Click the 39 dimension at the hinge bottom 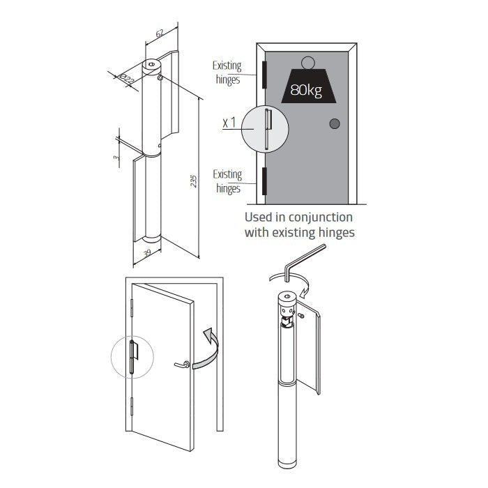pos(146,254)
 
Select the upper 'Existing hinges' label pos(227,73)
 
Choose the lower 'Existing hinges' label pos(227,181)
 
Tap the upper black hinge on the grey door pos(264,74)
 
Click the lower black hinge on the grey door pos(264,180)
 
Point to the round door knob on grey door pos(335,124)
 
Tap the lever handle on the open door pos(183,365)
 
